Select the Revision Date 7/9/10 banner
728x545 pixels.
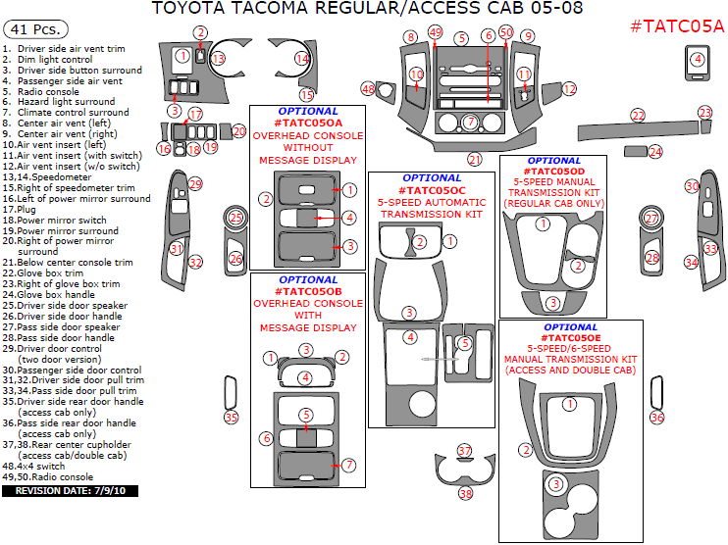71,490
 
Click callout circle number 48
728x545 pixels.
368,88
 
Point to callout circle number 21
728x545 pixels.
475,159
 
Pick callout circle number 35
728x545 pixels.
232,418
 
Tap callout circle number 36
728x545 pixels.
657,418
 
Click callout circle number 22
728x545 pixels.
638,116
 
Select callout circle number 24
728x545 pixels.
655,152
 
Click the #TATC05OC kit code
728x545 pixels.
433,189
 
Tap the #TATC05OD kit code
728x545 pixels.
554,173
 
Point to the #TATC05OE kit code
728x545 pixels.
570,336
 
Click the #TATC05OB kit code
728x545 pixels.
309,292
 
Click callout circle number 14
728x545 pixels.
303,59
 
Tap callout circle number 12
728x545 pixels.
569,89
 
